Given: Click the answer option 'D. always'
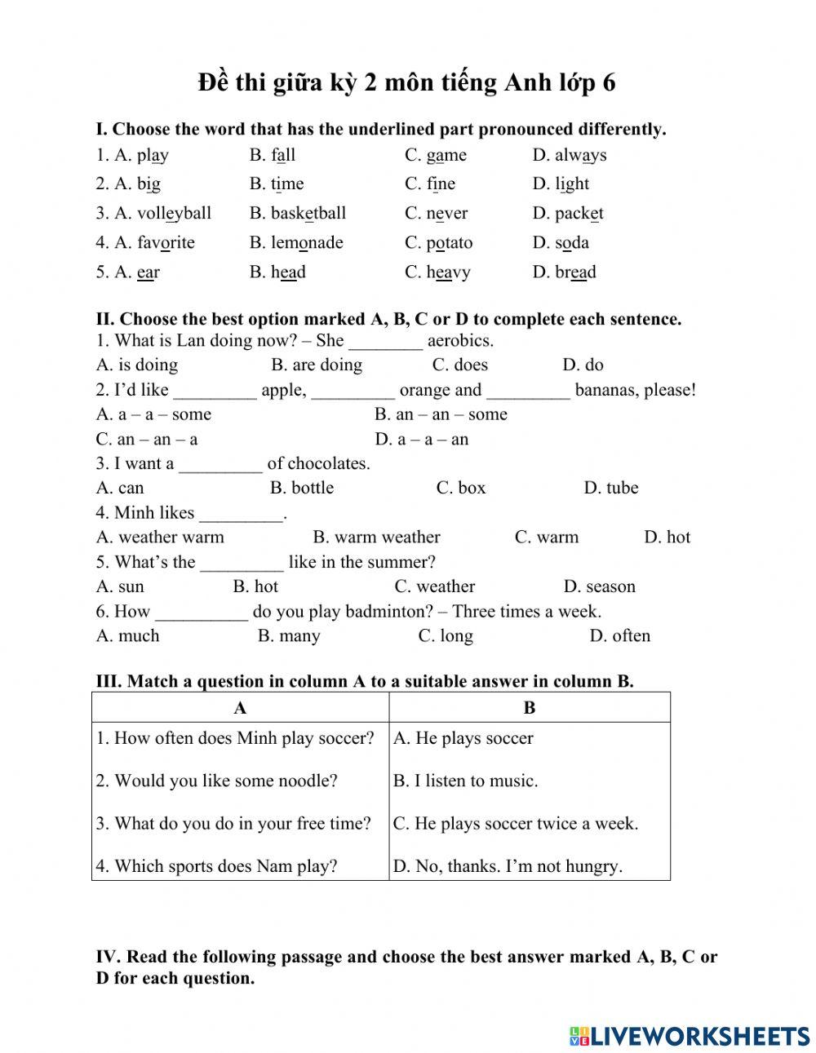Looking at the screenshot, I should pos(570,155).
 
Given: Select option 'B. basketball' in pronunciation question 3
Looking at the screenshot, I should pos(298,214).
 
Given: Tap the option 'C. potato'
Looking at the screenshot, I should pos(438,243).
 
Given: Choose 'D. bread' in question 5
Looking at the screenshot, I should pos(565,272).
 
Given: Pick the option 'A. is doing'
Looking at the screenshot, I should pos(137,365).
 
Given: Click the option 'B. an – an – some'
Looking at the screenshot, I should pos(441,414).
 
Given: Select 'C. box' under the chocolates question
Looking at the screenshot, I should pos(461,488).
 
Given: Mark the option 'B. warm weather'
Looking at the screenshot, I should pos(376,537).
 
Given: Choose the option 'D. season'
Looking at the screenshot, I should pos(599,586).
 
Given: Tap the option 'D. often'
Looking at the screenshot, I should pos(620,635).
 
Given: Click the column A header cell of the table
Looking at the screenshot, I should pos(240,708).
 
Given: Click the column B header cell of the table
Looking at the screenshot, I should pos(530,708).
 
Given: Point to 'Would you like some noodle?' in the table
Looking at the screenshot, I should pos(217,781).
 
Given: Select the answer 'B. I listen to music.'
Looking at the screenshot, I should pos(466,781).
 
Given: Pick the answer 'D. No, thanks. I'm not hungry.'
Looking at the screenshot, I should pos(508,866).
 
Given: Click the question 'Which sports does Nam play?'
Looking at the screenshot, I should pos(217,866).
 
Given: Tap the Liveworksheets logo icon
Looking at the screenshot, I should pos(579,1036).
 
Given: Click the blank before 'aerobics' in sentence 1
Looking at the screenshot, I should pos(385,342).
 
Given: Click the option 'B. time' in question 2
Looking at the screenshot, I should pos(277,184).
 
